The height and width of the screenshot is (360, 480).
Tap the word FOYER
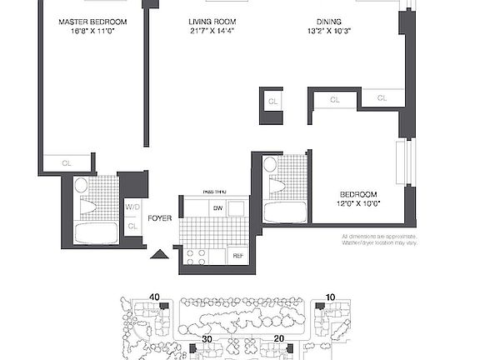coord(160,219)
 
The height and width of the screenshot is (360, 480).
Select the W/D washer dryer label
coord(132,207)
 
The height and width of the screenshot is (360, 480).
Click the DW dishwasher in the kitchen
coord(218,207)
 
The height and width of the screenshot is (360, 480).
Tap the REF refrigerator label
coord(237,256)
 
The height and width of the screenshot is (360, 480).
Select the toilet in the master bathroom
coord(82,187)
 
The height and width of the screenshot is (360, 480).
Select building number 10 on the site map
coord(331,297)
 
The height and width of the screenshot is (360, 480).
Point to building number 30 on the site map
coord(205,340)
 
